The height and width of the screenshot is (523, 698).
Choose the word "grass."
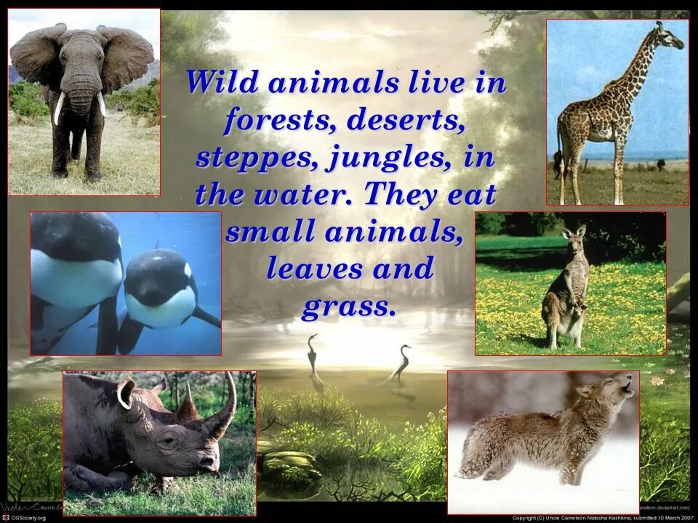pyautogui.click(x=349, y=306)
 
